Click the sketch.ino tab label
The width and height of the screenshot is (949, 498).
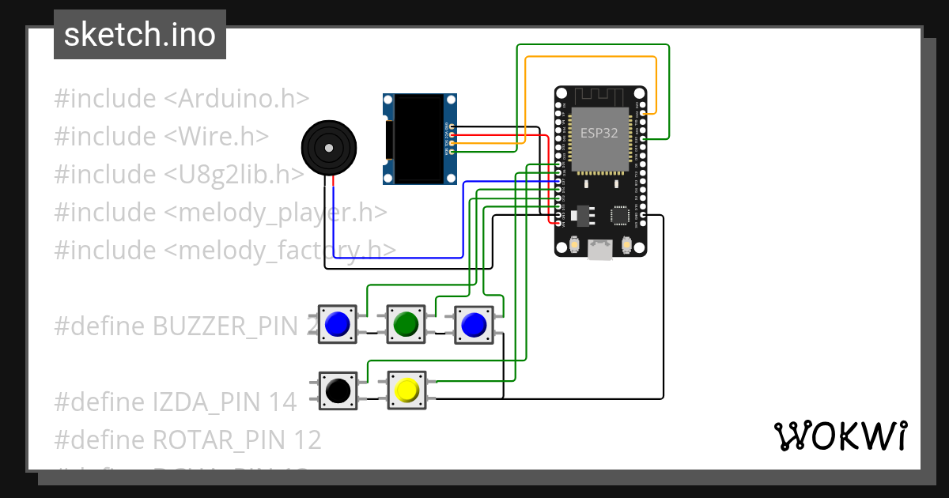tap(139, 35)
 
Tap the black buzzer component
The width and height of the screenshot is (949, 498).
tap(329, 148)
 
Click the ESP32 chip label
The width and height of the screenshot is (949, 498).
tap(599, 133)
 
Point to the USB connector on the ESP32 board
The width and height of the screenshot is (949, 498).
tap(600, 250)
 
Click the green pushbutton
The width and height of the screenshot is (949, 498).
tap(406, 324)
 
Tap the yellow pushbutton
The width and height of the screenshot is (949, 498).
tap(406, 390)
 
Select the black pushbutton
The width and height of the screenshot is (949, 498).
tap(338, 390)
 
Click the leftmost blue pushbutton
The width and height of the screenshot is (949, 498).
tap(338, 324)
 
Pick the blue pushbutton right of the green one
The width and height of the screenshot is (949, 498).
tap(473, 324)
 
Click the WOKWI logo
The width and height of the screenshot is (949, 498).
tap(839, 436)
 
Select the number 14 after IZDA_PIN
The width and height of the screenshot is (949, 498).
tap(283, 402)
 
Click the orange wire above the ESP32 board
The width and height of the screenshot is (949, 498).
tap(589, 57)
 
